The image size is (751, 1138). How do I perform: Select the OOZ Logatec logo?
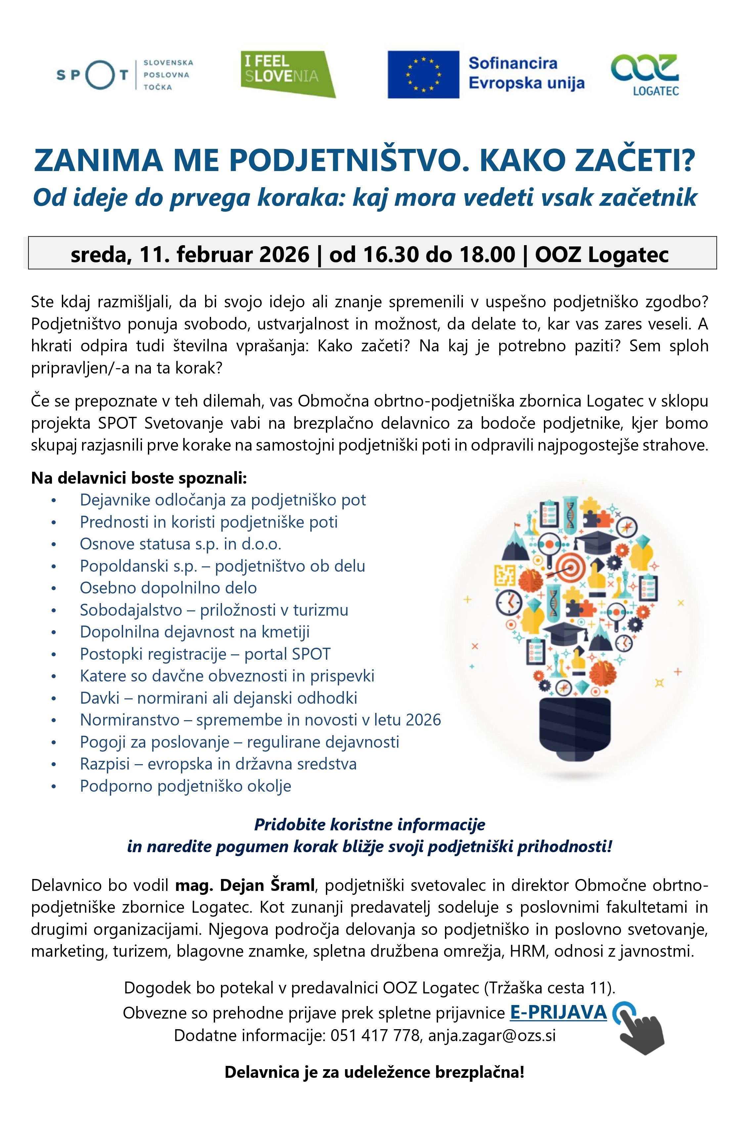(x=645, y=75)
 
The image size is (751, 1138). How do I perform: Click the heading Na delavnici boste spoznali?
(x=139, y=478)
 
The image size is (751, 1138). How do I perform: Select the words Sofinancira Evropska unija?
(x=526, y=73)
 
